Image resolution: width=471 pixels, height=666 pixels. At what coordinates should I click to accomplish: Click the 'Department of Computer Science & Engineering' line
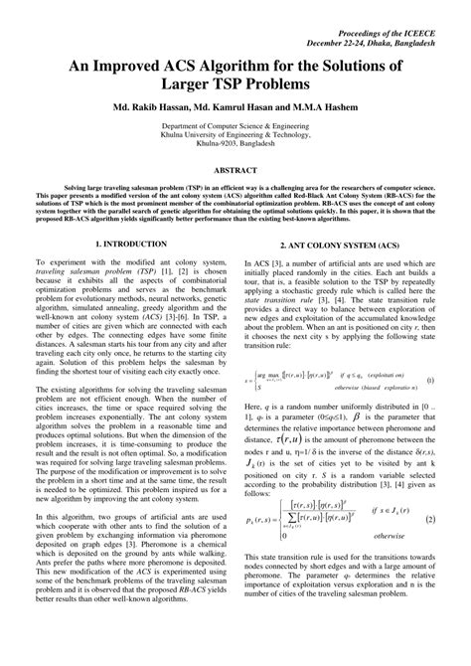[x=235, y=141]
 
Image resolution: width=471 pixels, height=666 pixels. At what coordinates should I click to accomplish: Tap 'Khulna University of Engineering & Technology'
[x=235, y=151]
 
